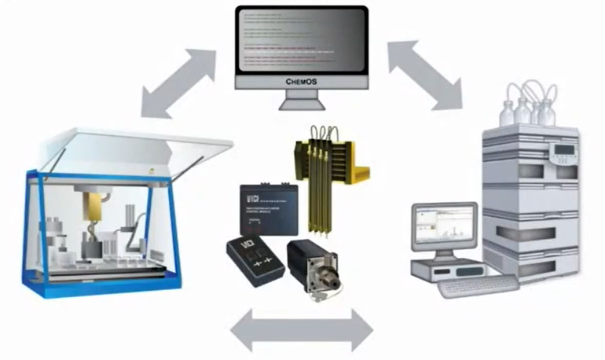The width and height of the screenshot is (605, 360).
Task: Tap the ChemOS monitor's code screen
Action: pyautogui.click(x=302, y=39)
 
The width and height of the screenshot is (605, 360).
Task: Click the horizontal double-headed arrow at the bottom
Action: pyautogui.click(x=302, y=329)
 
